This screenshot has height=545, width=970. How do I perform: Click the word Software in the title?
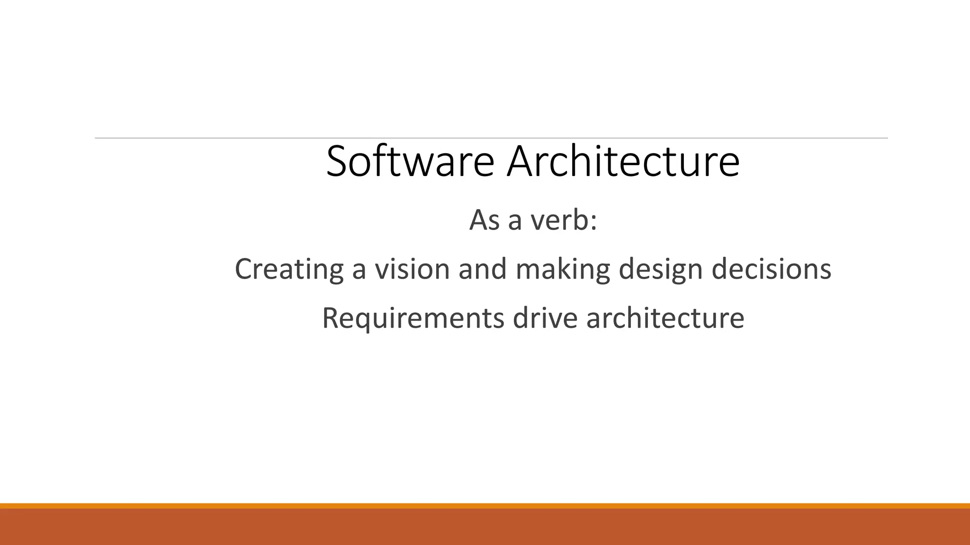pos(410,162)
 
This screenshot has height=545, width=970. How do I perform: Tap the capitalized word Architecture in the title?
pos(623,162)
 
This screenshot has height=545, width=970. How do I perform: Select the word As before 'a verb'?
pos(484,220)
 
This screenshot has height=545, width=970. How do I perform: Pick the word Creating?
pos(289,270)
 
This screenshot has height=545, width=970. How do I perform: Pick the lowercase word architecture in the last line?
pos(665,318)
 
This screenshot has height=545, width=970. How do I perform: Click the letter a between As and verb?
pos(515,222)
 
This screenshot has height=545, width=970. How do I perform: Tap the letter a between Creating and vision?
pos(359,271)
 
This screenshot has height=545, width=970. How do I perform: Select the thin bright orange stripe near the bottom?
pos(485,506)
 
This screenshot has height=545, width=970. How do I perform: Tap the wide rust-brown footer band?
pos(485,527)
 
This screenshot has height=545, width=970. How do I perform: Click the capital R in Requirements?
pos(330,318)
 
